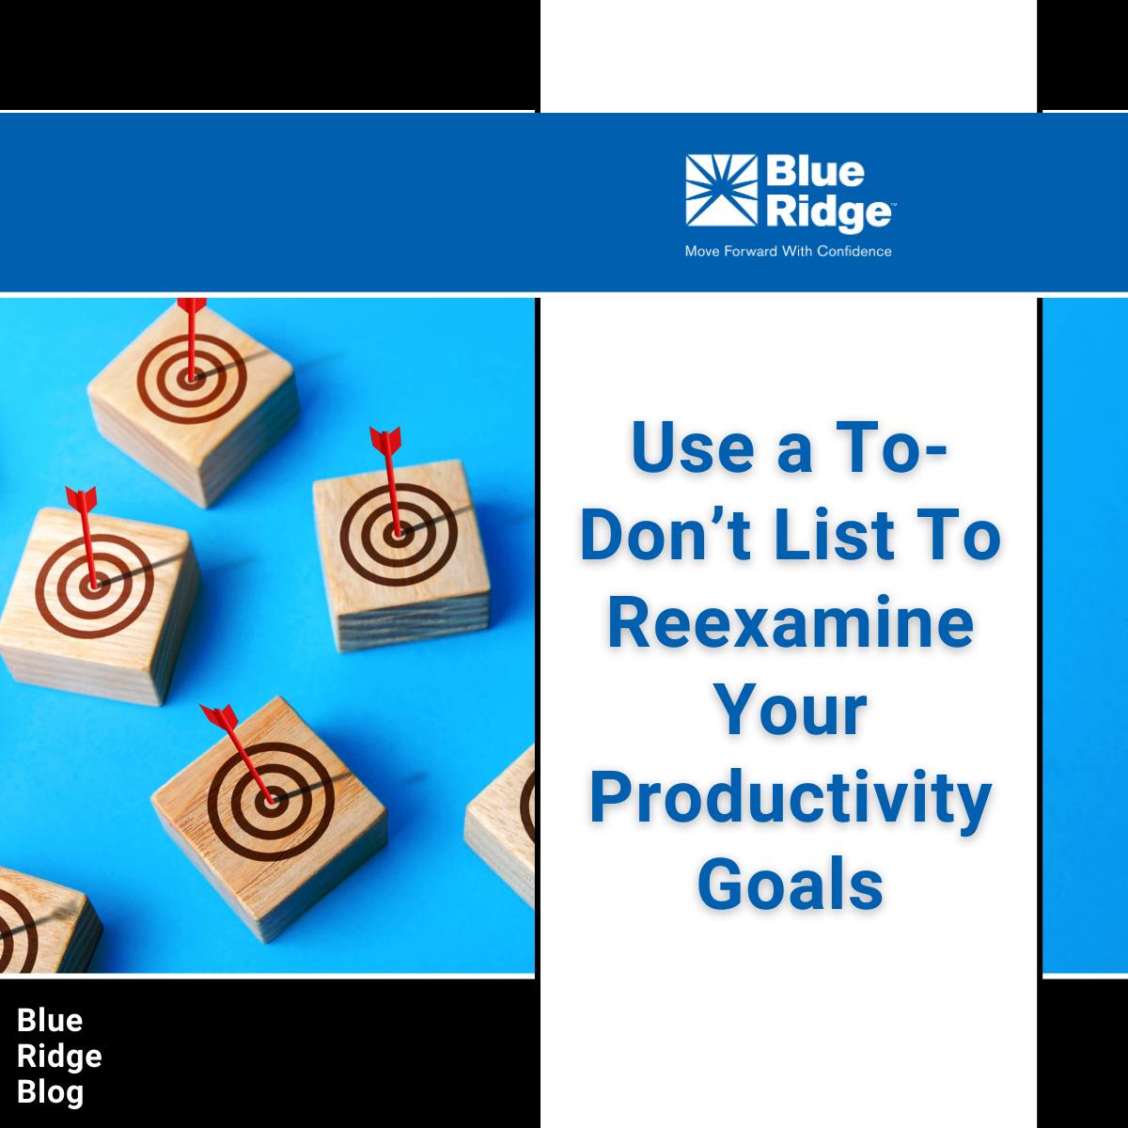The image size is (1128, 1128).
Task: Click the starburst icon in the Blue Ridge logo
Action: [721, 190]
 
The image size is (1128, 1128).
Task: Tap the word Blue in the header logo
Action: [814, 172]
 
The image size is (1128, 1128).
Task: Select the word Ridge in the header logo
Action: [828, 212]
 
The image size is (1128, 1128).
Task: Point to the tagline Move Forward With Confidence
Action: [788, 251]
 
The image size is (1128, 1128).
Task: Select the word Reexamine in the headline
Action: [790, 623]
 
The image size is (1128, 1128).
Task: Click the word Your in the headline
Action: [790, 711]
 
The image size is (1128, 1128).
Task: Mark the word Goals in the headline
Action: [790, 885]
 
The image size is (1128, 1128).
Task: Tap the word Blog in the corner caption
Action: [51, 1092]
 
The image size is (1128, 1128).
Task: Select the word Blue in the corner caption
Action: [50, 1020]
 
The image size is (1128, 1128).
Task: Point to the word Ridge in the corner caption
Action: [59, 1057]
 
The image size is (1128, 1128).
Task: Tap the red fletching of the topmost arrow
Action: [192, 306]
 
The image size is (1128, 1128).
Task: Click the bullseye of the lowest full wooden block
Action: [271, 802]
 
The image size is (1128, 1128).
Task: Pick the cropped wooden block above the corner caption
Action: [42, 921]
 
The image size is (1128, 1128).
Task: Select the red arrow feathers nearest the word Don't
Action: [385, 440]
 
